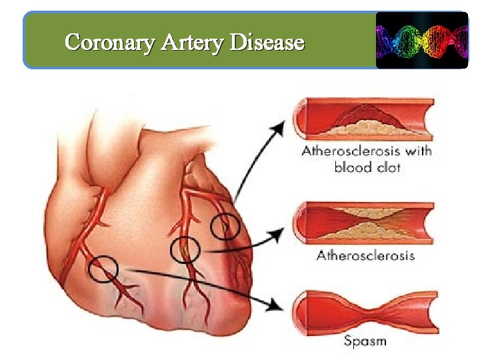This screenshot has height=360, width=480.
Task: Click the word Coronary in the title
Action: (110, 43)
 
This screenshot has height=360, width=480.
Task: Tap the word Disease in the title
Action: (267, 43)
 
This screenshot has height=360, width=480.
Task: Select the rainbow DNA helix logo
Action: (421, 39)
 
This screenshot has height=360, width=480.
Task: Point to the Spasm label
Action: (365, 342)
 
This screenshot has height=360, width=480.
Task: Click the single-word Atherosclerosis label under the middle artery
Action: (365, 255)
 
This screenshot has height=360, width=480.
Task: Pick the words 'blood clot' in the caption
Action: (367, 167)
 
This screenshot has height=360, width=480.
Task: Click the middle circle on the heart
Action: (185, 250)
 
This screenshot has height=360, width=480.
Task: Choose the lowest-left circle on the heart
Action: (103, 269)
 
